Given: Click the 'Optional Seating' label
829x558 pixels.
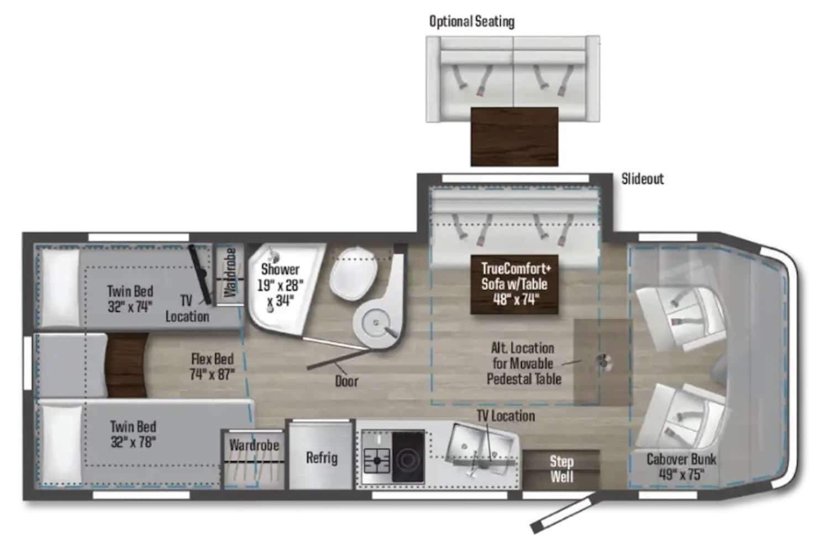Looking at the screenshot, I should (x=471, y=22).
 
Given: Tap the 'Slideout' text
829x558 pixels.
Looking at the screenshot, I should (x=642, y=179).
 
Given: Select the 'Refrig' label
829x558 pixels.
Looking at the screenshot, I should (x=322, y=458).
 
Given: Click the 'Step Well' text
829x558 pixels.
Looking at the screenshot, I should (x=562, y=469).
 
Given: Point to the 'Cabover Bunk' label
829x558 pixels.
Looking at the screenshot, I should (x=681, y=466).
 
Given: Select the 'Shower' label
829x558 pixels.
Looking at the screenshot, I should (x=280, y=269).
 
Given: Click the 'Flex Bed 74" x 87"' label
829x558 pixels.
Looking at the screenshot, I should (x=212, y=366).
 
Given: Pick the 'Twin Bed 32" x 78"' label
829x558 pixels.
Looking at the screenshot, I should (x=133, y=434).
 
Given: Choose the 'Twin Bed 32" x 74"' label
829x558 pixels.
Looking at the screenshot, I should (x=130, y=299).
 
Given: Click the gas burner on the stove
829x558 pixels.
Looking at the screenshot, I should (x=377, y=459).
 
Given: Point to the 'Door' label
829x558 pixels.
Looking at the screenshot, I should (x=347, y=381).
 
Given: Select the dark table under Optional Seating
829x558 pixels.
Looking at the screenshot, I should (x=514, y=136).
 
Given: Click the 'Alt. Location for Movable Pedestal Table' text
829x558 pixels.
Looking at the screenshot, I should (x=523, y=363).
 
